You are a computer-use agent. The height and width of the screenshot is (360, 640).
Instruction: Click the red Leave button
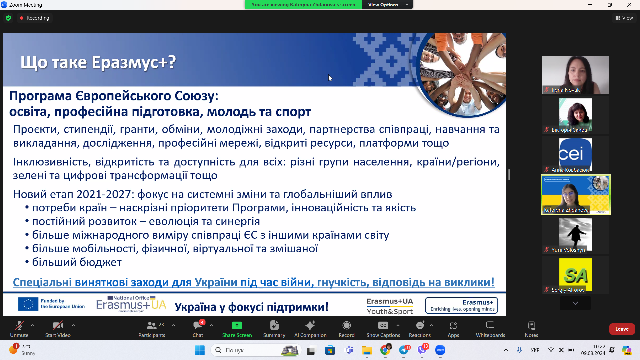pyautogui.click(x=622, y=329)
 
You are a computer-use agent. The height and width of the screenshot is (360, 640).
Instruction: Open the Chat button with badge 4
pyautogui.click(x=198, y=329)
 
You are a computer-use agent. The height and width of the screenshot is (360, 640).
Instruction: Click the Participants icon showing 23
pyautogui.click(x=152, y=329)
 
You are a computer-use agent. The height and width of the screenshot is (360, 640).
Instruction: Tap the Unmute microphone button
pyautogui.click(x=19, y=329)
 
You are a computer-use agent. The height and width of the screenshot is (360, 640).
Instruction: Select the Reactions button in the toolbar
pyautogui.click(x=420, y=329)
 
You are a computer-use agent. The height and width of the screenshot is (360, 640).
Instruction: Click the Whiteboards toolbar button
pyautogui.click(x=490, y=329)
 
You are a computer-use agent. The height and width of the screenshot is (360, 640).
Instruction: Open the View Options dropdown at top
pyautogui.click(x=387, y=5)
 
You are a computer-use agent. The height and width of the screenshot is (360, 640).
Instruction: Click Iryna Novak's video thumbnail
pyautogui.click(x=575, y=74)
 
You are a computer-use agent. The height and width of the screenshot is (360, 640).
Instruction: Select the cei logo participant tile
pyautogui.click(x=575, y=154)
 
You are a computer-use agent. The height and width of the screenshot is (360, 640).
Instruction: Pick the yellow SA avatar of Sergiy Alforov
pyautogui.click(x=575, y=274)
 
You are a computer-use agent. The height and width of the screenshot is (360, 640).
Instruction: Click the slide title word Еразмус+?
pyautogui.click(x=134, y=62)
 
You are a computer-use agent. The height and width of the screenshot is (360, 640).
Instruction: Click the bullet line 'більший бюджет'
pyautogui.click(x=77, y=262)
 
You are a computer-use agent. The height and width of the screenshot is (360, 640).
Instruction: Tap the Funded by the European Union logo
pyautogui.click(x=52, y=304)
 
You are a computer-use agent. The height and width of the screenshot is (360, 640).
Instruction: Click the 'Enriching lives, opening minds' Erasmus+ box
pyautogui.click(x=461, y=305)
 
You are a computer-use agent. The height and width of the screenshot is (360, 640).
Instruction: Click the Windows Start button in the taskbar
pyautogui.click(x=200, y=350)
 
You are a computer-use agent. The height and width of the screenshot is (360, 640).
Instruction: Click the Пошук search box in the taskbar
pyautogui.click(x=247, y=350)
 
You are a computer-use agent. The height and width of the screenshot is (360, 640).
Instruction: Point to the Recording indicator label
pyautogui.click(x=38, y=18)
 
